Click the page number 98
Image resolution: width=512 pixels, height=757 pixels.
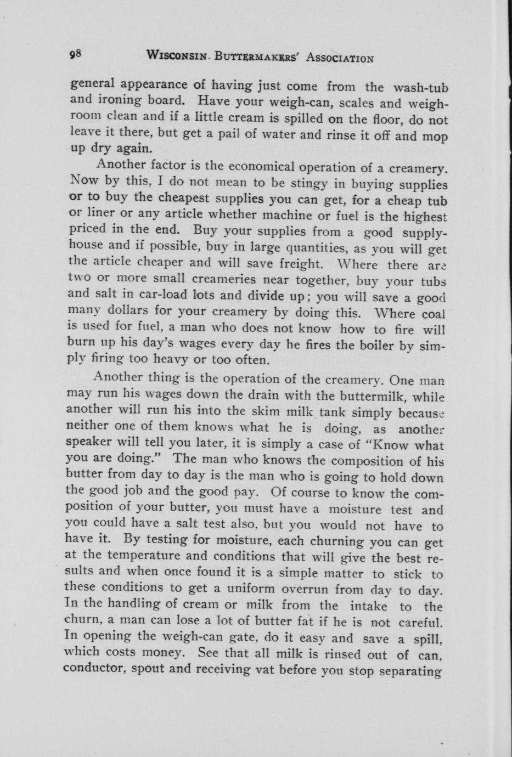click(75, 54)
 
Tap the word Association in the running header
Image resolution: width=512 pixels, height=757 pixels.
click(340, 58)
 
